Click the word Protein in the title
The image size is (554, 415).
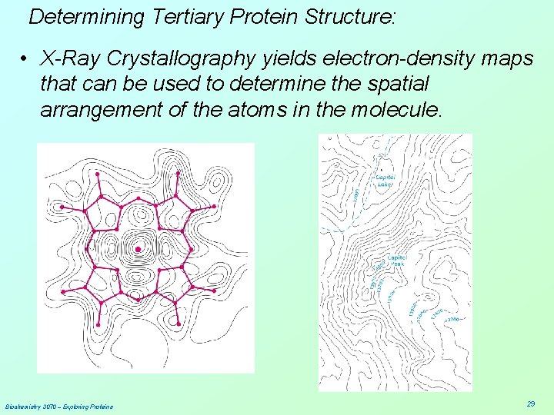[262, 16]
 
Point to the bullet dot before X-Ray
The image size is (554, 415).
[25, 58]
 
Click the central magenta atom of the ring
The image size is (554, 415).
[138, 249]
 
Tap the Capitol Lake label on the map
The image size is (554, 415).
[385, 181]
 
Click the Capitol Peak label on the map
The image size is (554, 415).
[397, 261]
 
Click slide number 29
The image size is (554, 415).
[531, 403]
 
